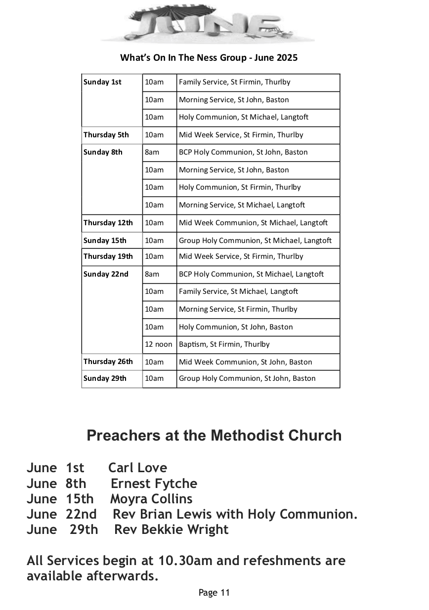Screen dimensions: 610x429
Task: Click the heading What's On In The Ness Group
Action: [x=209, y=58]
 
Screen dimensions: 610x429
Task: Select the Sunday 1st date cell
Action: [x=102, y=82]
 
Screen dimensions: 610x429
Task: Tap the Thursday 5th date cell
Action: [x=106, y=135]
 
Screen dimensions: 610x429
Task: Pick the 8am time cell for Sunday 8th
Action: [x=152, y=152]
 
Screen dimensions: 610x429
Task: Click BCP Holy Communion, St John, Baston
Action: [x=243, y=152]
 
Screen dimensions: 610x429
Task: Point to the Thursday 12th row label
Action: [x=108, y=223]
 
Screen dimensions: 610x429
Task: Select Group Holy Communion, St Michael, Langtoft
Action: [x=255, y=241]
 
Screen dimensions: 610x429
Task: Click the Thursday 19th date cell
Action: [x=108, y=256]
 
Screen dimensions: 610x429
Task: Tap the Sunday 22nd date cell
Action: [x=106, y=274]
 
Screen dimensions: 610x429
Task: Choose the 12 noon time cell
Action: [x=159, y=344]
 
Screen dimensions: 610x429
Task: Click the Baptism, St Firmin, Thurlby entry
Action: [x=224, y=344]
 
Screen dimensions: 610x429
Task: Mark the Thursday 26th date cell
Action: [x=108, y=362]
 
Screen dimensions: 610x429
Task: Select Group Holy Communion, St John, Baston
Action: [x=247, y=378]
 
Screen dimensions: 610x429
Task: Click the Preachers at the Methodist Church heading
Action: [x=214, y=435]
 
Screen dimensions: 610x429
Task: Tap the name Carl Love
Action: [x=138, y=467]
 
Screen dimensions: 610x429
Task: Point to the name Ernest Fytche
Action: [x=154, y=483]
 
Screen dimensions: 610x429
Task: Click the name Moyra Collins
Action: [x=151, y=498]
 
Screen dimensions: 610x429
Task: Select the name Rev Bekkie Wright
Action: [x=172, y=529]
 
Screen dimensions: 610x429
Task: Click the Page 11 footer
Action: [x=214, y=593]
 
